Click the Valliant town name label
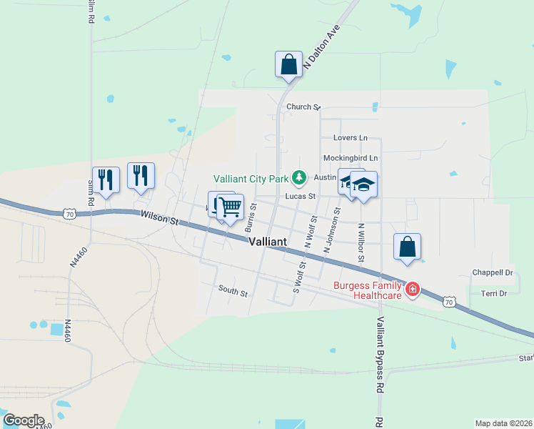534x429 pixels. pos(268,242)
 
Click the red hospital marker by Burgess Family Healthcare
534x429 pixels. pos(413,290)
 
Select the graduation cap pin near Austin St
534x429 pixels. pos(363,185)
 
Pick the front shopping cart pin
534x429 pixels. pos(230,208)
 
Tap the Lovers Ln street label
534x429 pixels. pos(350,138)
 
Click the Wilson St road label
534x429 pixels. pos(158,217)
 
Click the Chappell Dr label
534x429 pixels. pos(493,272)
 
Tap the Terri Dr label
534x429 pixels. pos(494,293)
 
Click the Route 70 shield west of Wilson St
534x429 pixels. pos(69,213)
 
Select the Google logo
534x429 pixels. pos(23,420)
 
